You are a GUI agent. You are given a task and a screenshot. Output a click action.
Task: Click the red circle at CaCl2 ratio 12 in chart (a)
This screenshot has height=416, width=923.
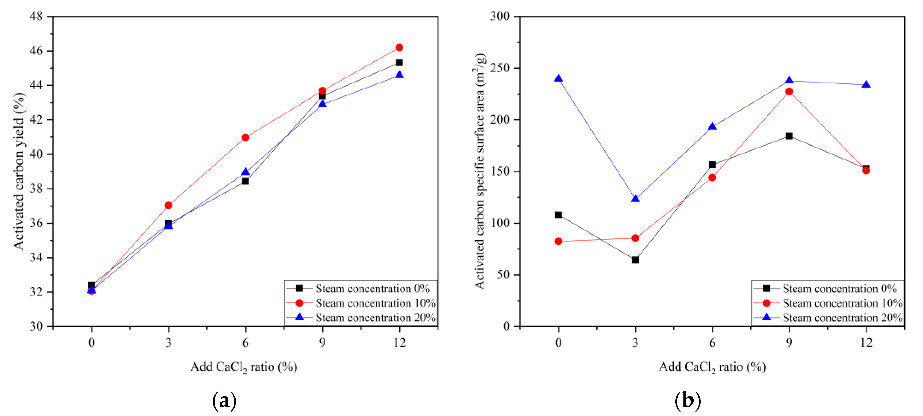point(399,47)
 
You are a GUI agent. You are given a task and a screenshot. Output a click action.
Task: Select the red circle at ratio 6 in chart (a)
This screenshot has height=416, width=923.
point(245,137)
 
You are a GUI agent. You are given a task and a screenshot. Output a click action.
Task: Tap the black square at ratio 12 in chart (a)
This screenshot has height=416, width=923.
point(399,63)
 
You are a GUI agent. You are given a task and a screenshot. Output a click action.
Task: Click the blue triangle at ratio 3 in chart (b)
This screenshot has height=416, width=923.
point(635,199)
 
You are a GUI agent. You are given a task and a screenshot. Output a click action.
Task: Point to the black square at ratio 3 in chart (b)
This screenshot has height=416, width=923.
point(635,259)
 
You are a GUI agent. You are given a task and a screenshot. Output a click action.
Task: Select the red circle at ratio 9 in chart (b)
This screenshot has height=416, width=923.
point(789,91)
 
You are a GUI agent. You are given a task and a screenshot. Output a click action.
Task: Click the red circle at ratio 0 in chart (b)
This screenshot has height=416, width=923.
point(558,241)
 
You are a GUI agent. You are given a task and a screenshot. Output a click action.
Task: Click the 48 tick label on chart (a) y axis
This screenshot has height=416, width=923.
point(36,16)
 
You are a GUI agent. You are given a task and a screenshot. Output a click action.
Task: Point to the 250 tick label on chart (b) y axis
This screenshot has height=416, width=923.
point(500,68)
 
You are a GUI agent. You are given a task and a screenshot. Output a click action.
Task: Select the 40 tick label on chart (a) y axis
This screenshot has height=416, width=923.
point(36,154)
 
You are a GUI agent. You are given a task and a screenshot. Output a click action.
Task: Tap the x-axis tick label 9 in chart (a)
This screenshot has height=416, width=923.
point(322,343)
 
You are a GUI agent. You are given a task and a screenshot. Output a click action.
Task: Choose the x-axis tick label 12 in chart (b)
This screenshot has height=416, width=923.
point(866,343)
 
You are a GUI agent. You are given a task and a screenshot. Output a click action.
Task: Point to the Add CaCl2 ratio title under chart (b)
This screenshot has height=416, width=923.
point(712,367)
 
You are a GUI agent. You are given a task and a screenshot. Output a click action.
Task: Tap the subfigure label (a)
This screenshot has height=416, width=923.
point(224,401)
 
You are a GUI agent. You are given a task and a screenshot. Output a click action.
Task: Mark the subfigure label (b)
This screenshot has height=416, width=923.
point(687,401)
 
